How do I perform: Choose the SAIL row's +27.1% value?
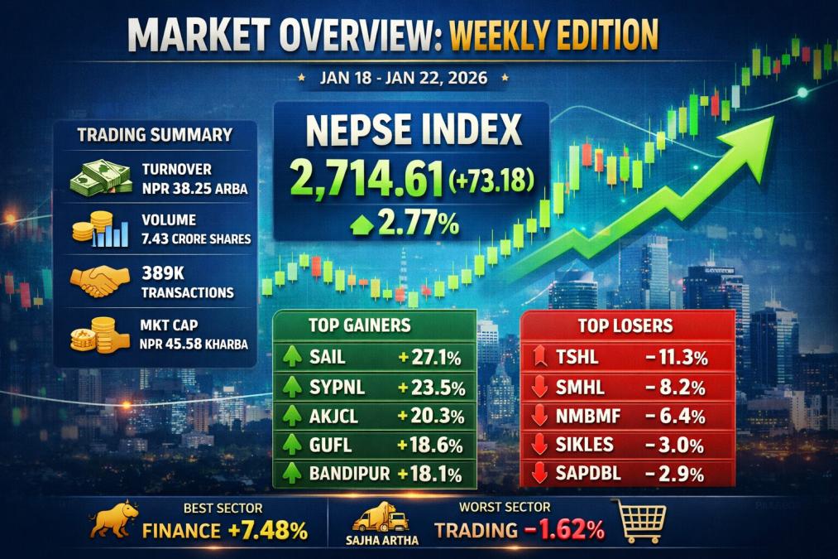click(429, 358)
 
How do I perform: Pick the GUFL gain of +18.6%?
click(429, 445)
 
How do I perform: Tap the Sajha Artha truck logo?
click(381, 521)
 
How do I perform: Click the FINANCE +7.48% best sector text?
click(224, 530)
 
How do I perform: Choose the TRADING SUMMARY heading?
click(155, 135)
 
